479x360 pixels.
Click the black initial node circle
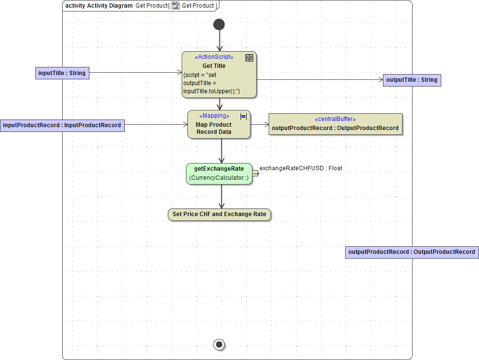[219, 24]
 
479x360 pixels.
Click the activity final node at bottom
[219, 344]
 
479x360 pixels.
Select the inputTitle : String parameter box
[62, 73]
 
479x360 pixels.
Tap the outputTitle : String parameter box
[412, 80]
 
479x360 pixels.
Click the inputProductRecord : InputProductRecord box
[62, 125]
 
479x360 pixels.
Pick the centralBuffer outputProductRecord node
[335, 124]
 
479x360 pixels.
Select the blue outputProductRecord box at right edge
[412, 252]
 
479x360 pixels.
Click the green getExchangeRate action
[219, 174]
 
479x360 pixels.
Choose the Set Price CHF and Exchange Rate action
[219, 214]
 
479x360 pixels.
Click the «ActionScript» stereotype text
[214, 57]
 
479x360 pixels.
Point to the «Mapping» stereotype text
[214, 116]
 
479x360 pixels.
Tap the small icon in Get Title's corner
[249, 58]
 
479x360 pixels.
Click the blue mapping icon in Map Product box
[243, 116]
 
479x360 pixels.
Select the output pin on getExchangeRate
[255, 174]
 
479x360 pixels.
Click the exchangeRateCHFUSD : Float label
[301, 168]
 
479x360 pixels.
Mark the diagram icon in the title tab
[176, 6]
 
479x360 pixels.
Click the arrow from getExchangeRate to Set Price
[221, 197]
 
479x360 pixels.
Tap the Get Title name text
[214, 66]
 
